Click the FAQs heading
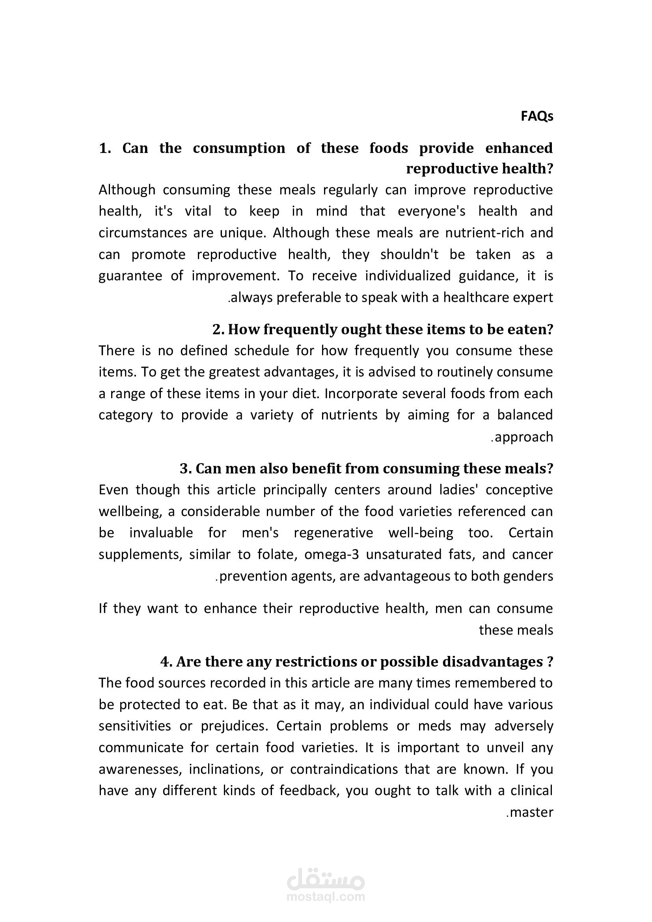coord(537,116)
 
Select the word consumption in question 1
coord(239,148)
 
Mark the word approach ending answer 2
coord(523,437)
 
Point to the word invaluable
coord(161,533)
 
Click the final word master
coord(531,812)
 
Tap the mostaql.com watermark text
coord(326,897)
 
